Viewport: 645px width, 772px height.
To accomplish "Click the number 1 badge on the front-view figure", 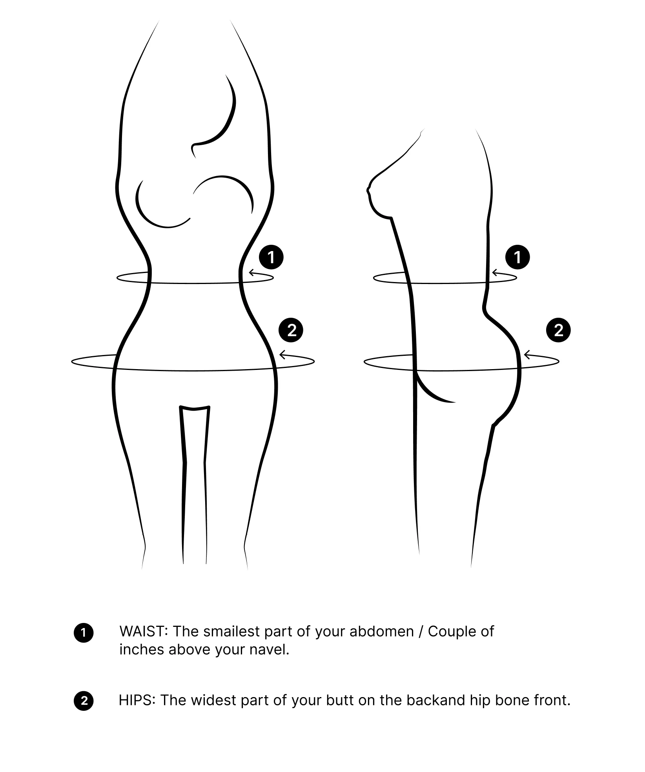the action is [x=271, y=257].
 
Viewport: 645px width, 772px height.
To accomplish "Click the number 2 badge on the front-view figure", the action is [x=291, y=330].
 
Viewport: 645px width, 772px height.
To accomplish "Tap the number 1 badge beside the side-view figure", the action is [x=517, y=257].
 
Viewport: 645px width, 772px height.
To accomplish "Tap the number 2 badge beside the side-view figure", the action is [x=558, y=330].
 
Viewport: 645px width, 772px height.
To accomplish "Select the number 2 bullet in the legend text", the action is [x=84, y=701].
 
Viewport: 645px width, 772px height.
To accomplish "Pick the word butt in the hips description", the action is [x=340, y=700].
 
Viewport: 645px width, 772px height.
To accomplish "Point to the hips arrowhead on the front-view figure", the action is [x=282, y=355].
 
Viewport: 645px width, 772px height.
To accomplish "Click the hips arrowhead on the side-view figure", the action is [x=527, y=355].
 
